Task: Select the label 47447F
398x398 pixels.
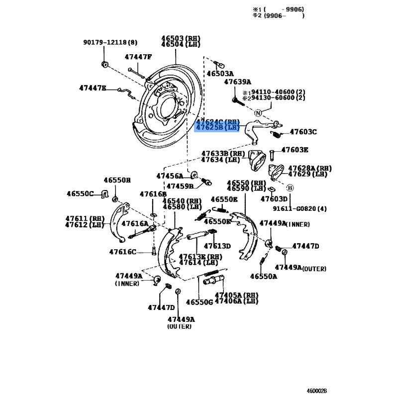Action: click(138, 57)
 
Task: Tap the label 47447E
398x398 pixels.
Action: click(93, 88)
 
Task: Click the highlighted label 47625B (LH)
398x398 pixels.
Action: click(218, 128)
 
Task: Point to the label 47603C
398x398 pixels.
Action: click(303, 132)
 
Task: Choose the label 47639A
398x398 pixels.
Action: click(237, 82)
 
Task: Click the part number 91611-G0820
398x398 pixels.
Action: click(292, 208)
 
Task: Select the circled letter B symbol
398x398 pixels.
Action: click(291, 188)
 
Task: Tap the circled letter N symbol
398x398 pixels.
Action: click(258, 113)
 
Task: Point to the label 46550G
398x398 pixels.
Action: click(199, 302)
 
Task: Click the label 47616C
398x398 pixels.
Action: click(122, 252)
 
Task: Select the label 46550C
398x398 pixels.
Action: click(81, 193)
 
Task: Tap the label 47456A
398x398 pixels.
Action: click(170, 176)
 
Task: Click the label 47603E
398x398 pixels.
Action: click(295, 149)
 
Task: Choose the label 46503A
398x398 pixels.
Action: click(220, 73)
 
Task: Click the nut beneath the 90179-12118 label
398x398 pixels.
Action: click(104, 64)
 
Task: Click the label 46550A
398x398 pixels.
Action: click(264, 276)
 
